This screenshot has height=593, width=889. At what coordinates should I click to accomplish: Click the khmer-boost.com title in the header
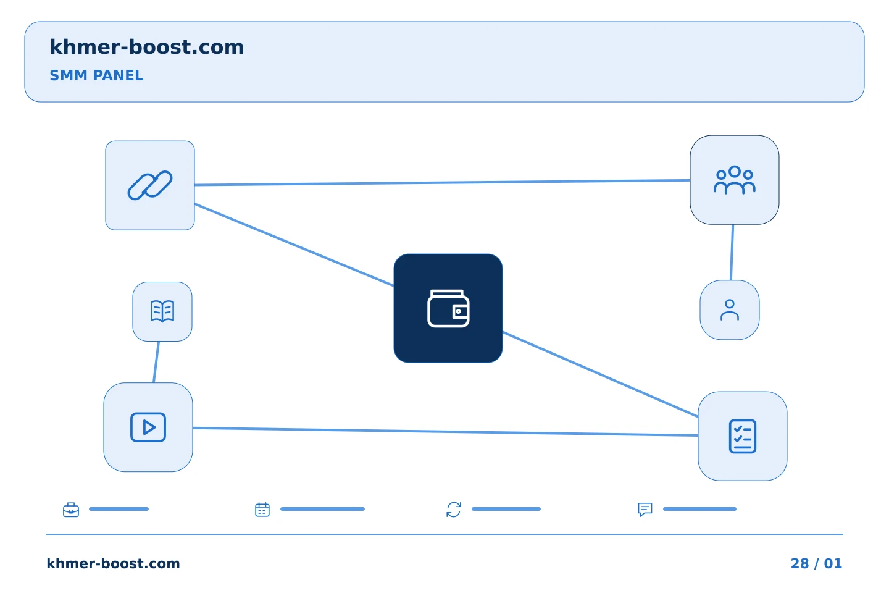pyautogui.click(x=146, y=47)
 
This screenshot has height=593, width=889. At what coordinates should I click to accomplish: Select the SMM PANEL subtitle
pyautogui.click(x=96, y=75)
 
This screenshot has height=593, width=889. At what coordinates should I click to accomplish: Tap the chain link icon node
pyautogui.click(x=150, y=185)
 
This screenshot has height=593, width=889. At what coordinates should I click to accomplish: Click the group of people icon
pyautogui.click(x=735, y=180)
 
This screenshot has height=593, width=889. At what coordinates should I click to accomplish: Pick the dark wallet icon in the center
pyautogui.click(x=448, y=308)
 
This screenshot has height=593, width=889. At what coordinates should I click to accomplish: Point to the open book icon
pyautogui.click(x=162, y=311)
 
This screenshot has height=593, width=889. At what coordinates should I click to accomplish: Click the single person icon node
pyautogui.click(x=730, y=310)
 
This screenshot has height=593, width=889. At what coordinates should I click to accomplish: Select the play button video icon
pyautogui.click(x=148, y=427)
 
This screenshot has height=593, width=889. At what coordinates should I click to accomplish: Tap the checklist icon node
pyautogui.click(x=743, y=436)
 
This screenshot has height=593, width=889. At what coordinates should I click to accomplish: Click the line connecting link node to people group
pyautogui.click(x=442, y=182)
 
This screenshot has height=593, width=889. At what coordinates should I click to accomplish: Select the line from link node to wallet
pyautogui.click(x=294, y=245)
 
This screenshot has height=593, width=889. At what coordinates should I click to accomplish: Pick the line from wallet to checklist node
pyautogui.click(x=601, y=374)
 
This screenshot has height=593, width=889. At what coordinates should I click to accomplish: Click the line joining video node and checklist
pyautogui.click(x=445, y=432)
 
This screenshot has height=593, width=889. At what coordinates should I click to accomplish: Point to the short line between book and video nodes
pyautogui.click(x=156, y=362)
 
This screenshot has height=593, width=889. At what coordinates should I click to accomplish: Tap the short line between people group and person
pyautogui.click(x=732, y=252)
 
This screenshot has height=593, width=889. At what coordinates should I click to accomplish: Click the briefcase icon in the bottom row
pyautogui.click(x=71, y=510)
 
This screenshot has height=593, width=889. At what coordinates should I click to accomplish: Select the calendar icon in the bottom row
pyautogui.click(x=262, y=510)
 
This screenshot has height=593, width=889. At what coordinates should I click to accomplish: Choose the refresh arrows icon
pyautogui.click(x=454, y=510)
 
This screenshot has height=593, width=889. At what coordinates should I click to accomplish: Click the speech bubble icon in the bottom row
pyautogui.click(x=645, y=510)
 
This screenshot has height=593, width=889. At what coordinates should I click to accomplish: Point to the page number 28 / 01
pyautogui.click(x=816, y=563)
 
